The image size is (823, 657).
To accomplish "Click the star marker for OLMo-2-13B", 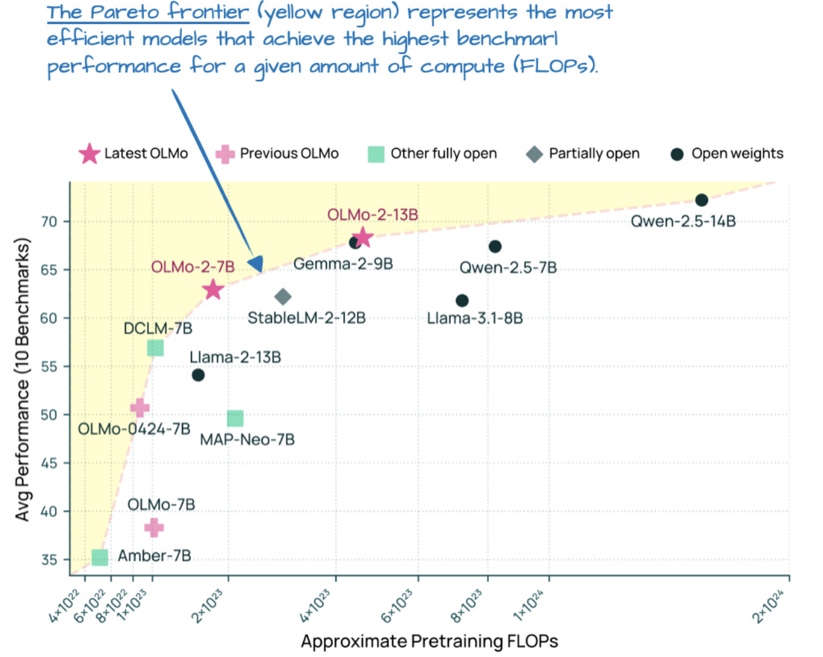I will click(x=362, y=238).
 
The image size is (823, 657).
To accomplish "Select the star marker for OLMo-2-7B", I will click(x=213, y=290).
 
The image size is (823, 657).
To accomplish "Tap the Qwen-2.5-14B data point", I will click(x=701, y=200).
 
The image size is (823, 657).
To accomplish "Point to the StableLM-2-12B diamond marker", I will click(x=283, y=296).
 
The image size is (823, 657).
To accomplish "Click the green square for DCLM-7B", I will click(x=155, y=348).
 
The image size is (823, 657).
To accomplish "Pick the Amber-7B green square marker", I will click(x=100, y=557).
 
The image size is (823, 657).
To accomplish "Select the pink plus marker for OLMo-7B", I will click(x=153, y=527).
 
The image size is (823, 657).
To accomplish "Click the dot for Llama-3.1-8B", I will click(x=462, y=301).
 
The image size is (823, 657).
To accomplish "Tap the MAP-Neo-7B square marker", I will click(x=235, y=418).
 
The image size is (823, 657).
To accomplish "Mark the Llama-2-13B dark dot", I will click(x=198, y=375).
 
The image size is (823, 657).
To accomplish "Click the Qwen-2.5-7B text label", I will click(x=508, y=268).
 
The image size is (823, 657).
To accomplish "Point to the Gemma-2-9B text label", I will click(x=343, y=264).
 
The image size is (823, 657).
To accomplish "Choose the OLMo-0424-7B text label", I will click(x=134, y=429).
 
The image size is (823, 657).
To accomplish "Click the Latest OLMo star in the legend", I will click(x=89, y=153).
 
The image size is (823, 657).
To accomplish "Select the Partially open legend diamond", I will click(x=535, y=154).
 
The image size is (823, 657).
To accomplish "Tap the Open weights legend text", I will click(x=737, y=153).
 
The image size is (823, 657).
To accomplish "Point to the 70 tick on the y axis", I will click(x=49, y=221).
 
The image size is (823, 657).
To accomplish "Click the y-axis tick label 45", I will click(x=49, y=463).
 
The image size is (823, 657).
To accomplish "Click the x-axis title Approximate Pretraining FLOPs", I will click(x=429, y=641).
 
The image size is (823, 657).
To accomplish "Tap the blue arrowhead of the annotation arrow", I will click(x=256, y=264).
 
